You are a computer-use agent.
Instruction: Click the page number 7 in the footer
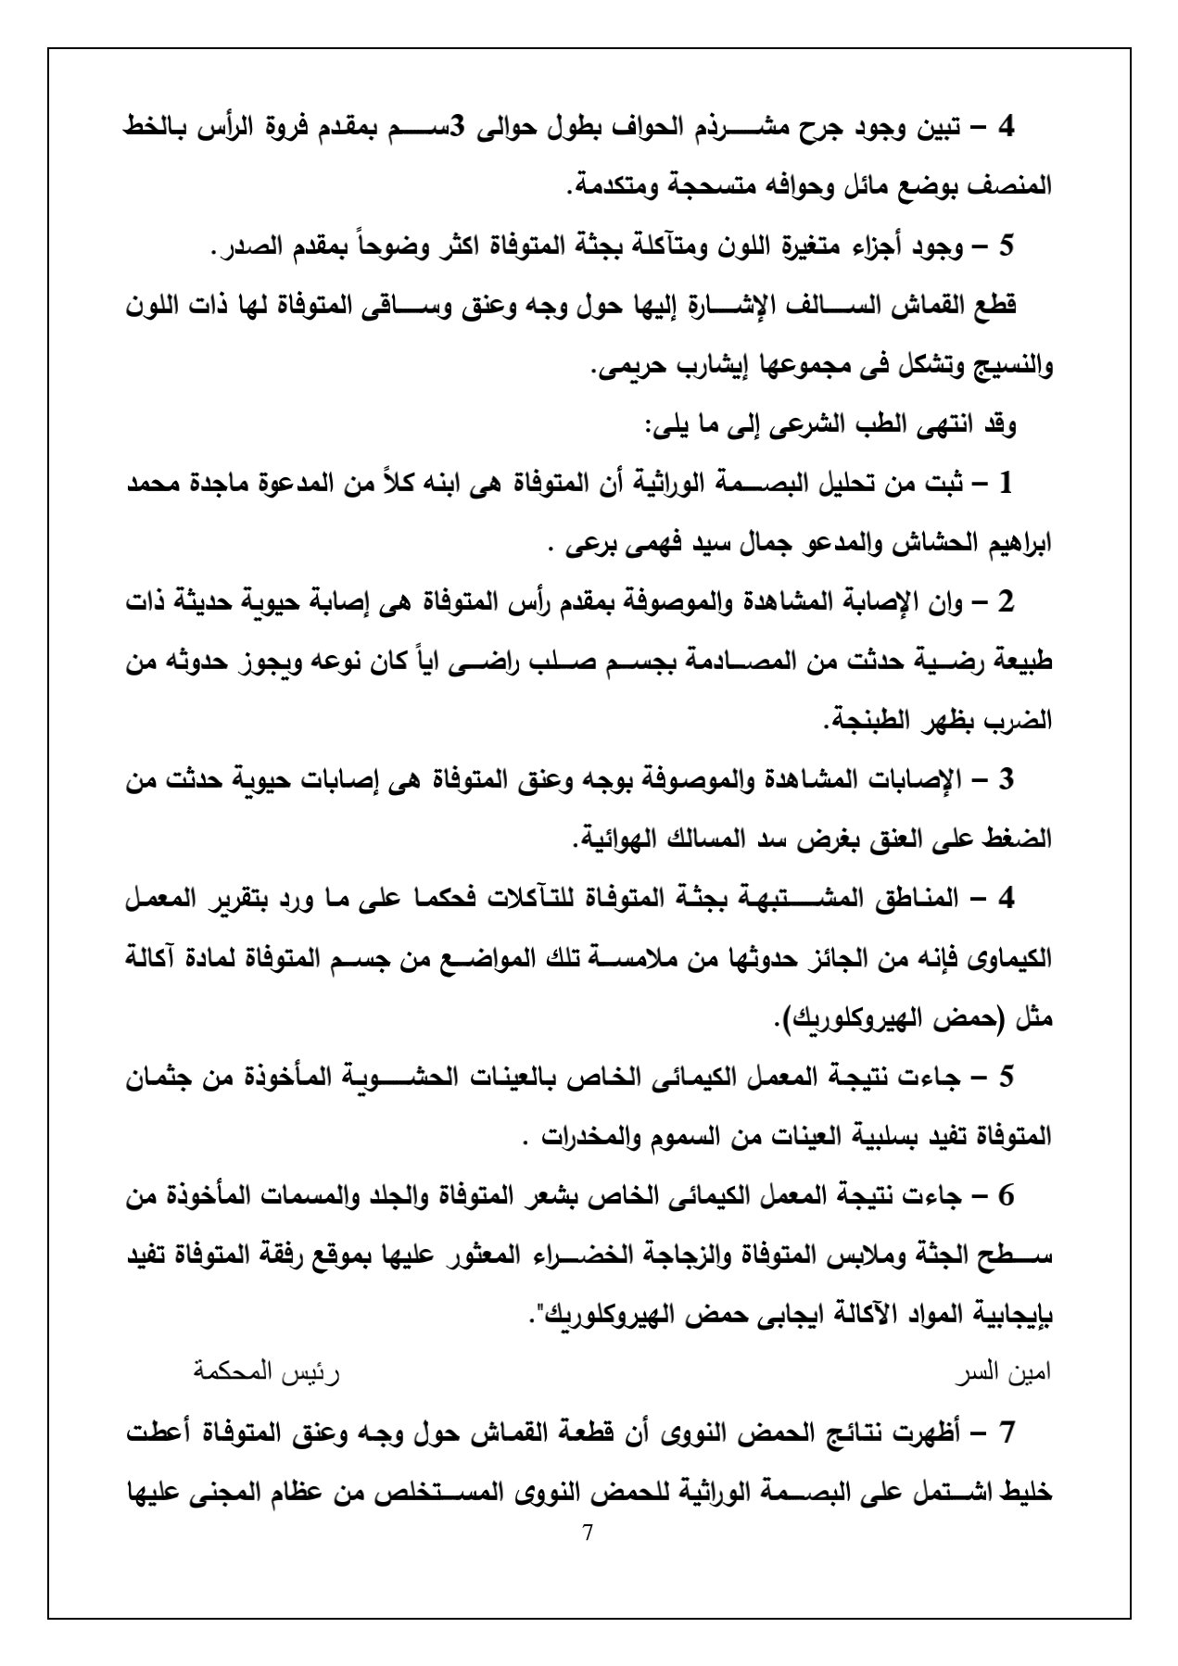(588, 1531)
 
